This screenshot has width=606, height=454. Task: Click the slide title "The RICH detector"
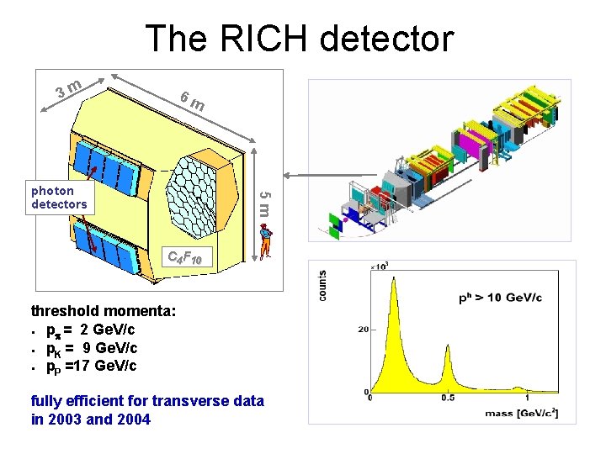coord(299,39)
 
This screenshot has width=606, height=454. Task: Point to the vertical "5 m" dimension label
coord(264,203)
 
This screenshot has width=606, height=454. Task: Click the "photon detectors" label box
coord(59,198)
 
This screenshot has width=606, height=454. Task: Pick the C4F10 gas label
coord(183,257)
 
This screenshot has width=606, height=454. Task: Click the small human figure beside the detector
coord(267,240)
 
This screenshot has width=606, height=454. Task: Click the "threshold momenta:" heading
coord(104,311)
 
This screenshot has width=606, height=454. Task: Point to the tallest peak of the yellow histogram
coord(393,286)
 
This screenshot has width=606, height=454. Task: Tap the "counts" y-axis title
coord(323,285)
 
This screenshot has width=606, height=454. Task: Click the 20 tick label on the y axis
coord(363,330)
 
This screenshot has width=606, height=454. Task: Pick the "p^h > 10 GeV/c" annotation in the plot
coord(500,298)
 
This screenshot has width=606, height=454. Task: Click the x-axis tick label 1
coord(527,399)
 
